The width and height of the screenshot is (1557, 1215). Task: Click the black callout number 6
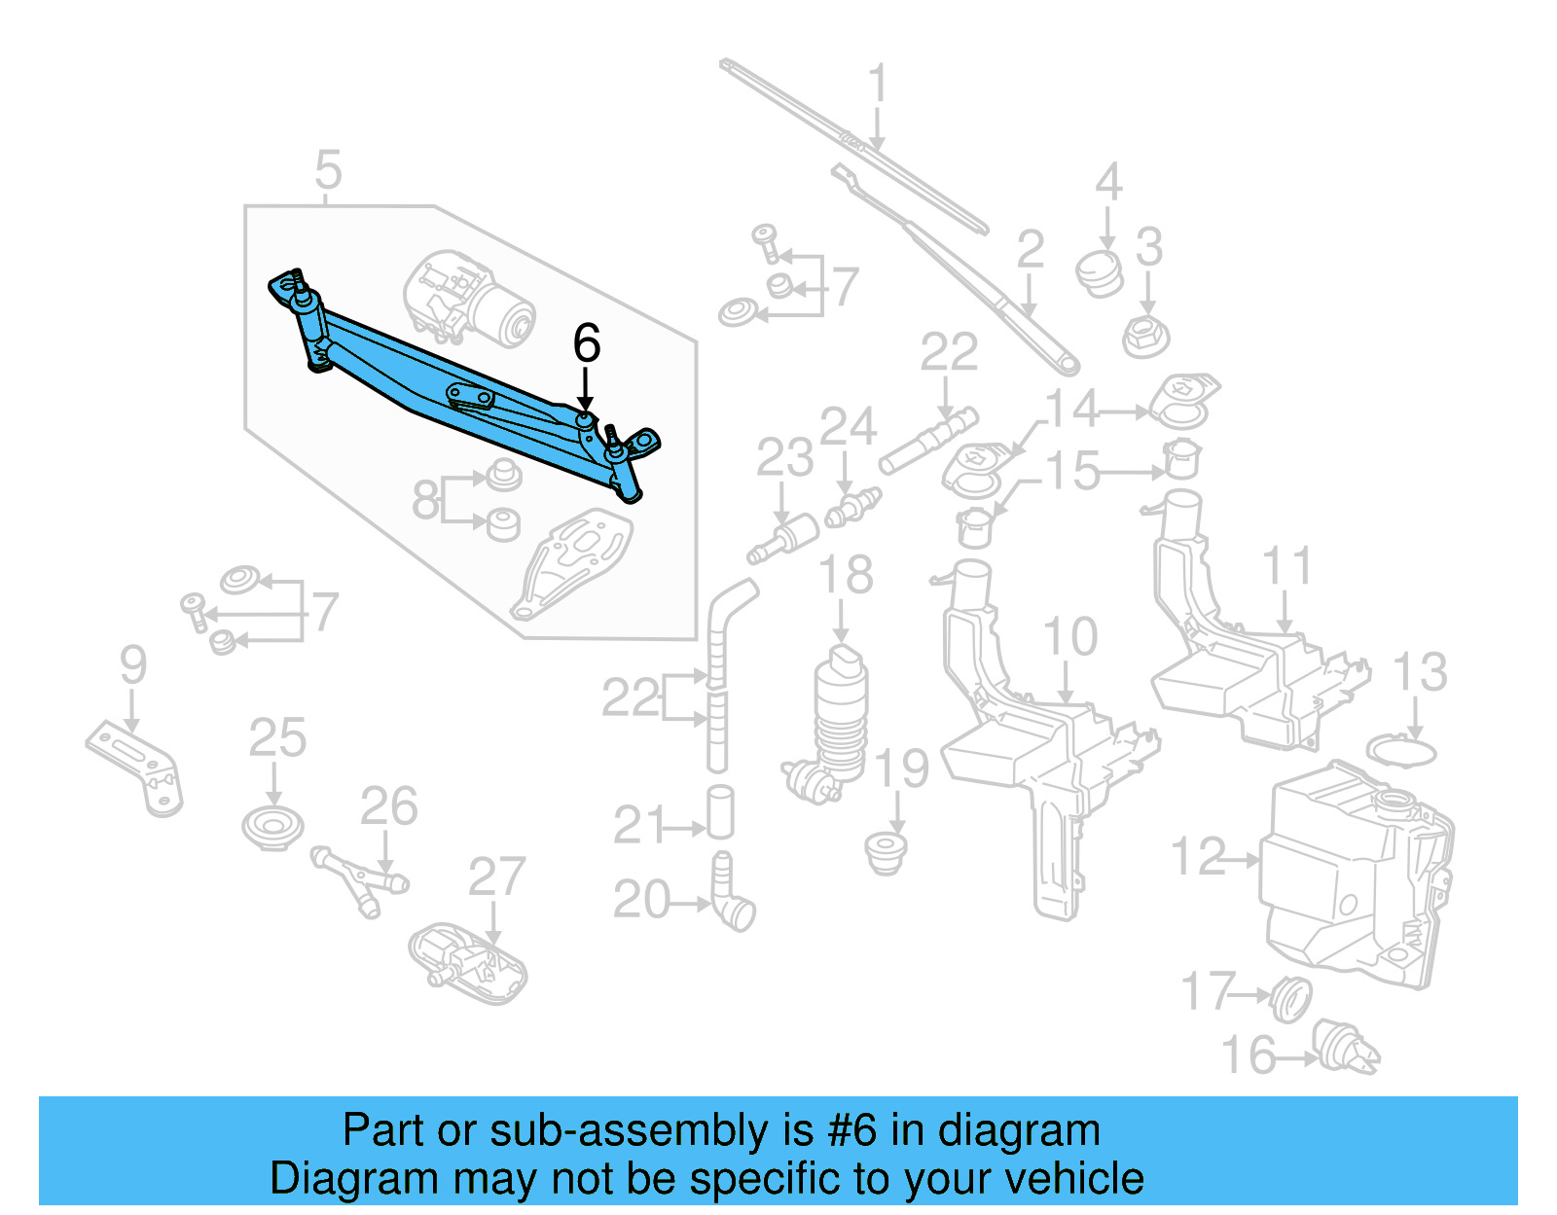click(586, 343)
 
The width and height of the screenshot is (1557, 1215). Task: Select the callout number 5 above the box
click(328, 170)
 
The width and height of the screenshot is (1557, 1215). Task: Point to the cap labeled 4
click(1100, 272)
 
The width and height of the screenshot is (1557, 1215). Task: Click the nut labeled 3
click(1145, 337)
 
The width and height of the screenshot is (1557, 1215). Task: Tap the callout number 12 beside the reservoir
click(1198, 858)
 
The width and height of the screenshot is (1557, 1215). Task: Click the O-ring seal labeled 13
click(1401, 752)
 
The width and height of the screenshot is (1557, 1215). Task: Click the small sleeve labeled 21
click(720, 812)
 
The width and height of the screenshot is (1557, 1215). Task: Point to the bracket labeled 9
click(136, 768)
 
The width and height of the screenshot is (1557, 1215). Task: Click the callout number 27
click(496, 877)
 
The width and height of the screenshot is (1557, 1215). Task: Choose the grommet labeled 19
click(886, 851)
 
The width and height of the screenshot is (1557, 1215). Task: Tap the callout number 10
click(1069, 638)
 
